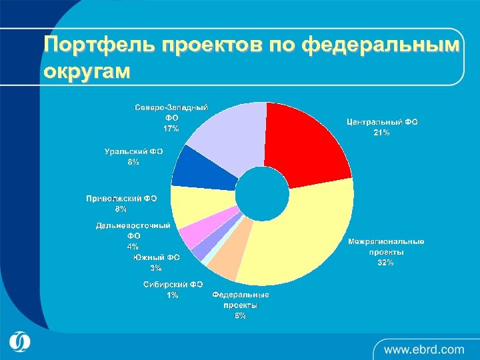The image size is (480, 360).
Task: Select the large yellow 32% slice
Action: (x=300, y=240)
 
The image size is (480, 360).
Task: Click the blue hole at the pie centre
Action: (x=262, y=193)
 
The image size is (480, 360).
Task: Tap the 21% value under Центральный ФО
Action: (x=381, y=133)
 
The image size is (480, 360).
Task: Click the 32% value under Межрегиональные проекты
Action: (x=385, y=263)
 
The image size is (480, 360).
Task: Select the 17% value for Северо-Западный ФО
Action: (x=171, y=129)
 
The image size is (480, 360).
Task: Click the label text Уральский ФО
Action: (x=134, y=152)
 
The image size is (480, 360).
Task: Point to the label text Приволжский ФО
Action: (x=121, y=199)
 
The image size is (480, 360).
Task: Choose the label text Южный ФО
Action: (x=156, y=257)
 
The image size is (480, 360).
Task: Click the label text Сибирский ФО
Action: (x=173, y=284)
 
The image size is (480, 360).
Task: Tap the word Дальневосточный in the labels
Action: (x=133, y=226)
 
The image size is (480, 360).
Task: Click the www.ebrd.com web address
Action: (x=424, y=349)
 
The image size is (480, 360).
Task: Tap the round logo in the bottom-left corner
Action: (x=20, y=341)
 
